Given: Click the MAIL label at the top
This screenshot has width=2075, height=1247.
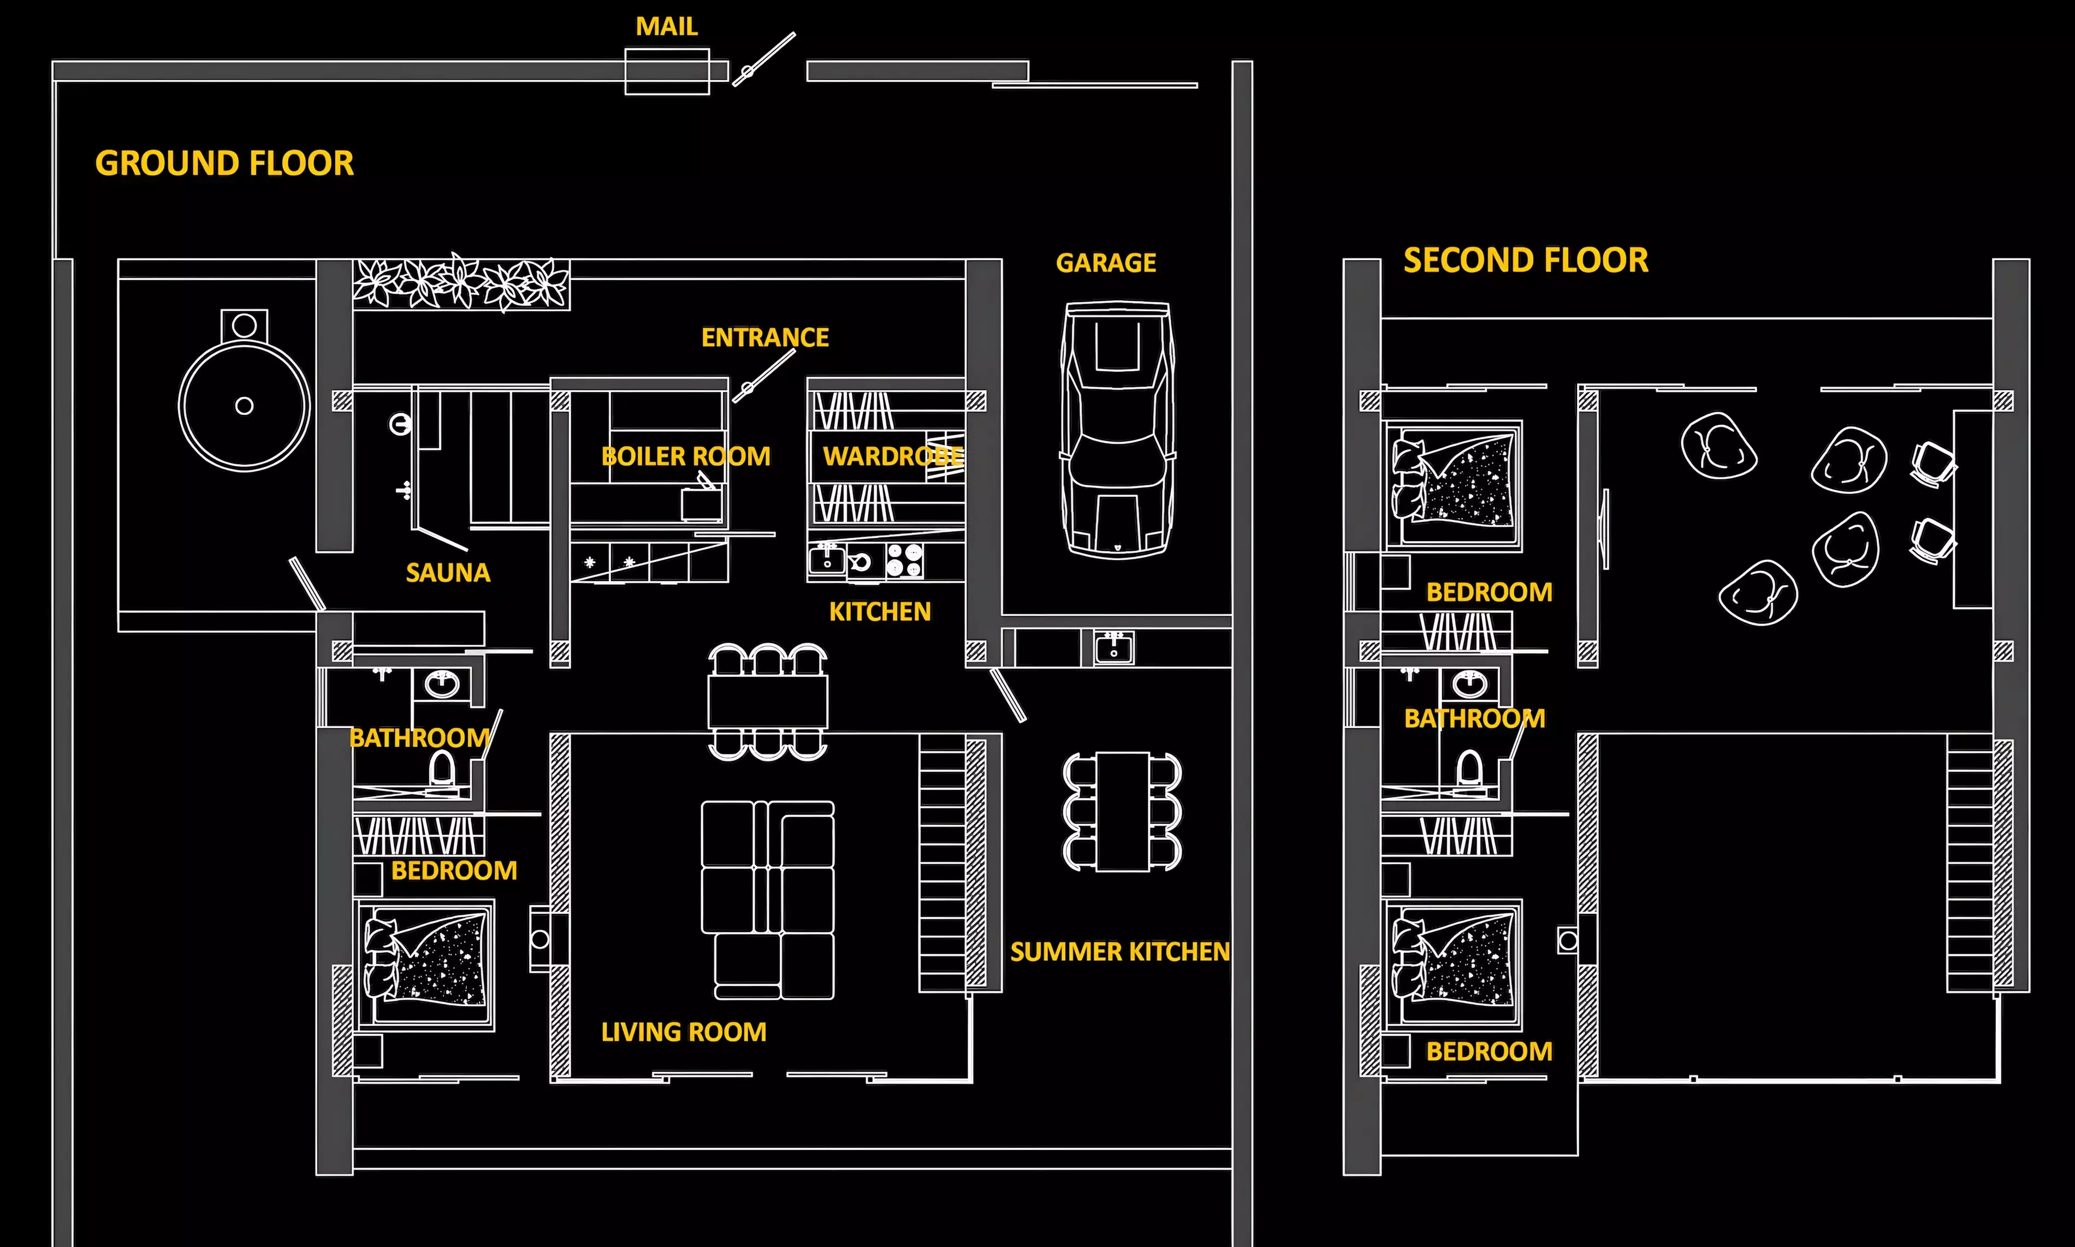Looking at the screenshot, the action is pyautogui.click(x=666, y=26).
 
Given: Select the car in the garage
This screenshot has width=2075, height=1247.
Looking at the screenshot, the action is pyautogui.click(x=1118, y=430).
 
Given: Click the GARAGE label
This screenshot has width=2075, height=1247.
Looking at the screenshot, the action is pyautogui.click(x=1106, y=263).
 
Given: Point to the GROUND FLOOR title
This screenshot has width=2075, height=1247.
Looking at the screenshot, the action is pyautogui.click(x=224, y=163).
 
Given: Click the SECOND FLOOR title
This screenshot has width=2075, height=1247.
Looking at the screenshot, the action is pyautogui.click(x=1525, y=260).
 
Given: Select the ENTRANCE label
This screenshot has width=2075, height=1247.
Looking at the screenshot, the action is pyautogui.click(x=765, y=338).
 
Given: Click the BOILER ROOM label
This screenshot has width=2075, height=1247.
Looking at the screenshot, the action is pyautogui.click(x=686, y=456).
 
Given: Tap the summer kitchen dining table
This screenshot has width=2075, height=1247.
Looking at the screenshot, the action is pyautogui.click(x=1123, y=812).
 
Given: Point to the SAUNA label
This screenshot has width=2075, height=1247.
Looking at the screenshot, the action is pyautogui.click(x=448, y=573).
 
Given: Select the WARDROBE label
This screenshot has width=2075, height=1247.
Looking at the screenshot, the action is pyautogui.click(x=893, y=456).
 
